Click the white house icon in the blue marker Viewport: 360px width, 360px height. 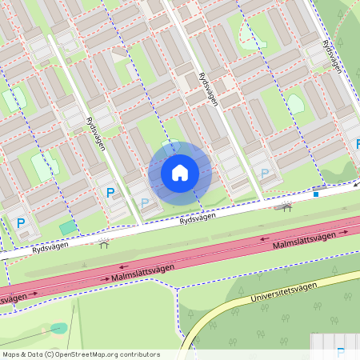tap(180, 172)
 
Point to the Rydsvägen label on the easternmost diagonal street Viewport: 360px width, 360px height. tap(331, 56)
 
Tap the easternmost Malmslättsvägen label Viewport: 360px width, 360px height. tap(304, 241)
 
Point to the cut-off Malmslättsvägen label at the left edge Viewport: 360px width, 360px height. tap(14, 298)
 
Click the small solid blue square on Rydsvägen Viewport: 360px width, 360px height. tap(316, 194)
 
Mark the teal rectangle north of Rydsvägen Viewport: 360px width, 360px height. tap(69, 228)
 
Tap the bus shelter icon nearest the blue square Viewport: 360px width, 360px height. tap(287, 206)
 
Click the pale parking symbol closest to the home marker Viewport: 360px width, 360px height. tap(144, 203)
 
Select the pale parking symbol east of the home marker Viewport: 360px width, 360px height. tap(265, 173)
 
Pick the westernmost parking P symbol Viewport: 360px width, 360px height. tap(22, 223)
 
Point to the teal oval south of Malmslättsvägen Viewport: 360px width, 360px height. tap(58, 328)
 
